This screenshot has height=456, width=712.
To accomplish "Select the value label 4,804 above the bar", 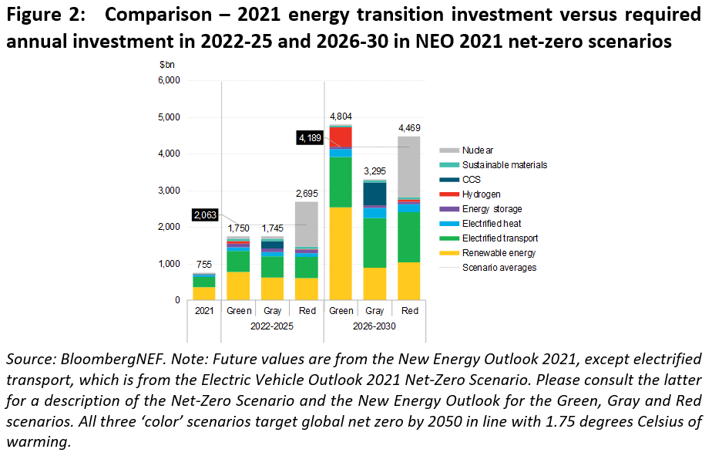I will click(341, 115).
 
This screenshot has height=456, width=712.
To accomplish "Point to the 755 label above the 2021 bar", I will click(203, 264).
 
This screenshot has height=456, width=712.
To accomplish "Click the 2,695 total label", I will click(307, 192).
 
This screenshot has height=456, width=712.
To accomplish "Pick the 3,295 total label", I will click(375, 171).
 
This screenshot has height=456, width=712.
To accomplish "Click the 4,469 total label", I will click(410, 127).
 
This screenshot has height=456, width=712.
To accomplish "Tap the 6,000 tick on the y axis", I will click(168, 80).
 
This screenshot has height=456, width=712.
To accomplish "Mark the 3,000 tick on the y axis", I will click(168, 191).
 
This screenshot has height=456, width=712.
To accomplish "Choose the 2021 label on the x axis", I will click(204, 311).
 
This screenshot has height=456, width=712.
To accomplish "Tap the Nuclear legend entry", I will click(478, 150).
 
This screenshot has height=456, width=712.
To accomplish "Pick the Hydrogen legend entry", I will click(481, 194).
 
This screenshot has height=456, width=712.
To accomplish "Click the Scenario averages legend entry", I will click(497, 268).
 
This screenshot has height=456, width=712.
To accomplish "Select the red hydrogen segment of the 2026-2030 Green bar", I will click(341, 137).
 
